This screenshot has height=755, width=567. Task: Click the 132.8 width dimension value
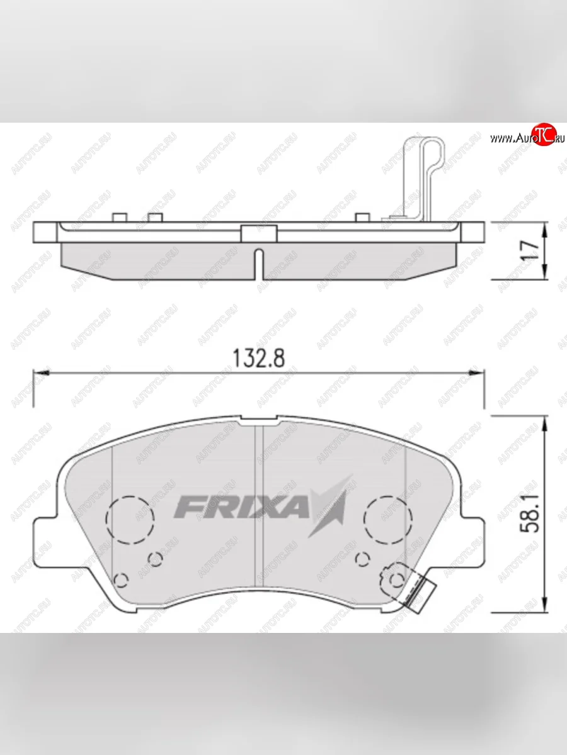259,358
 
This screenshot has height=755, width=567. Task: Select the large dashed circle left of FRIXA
130,517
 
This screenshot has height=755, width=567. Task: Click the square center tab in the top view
259,232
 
